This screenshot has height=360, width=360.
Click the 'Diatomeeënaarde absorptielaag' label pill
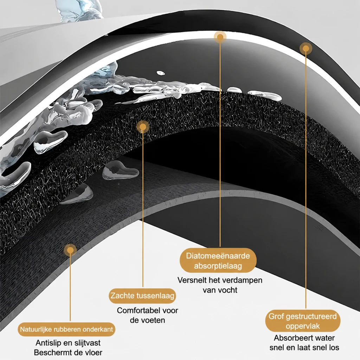[x=218, y=261]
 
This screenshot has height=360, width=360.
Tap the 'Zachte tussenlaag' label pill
[x=142, y=295]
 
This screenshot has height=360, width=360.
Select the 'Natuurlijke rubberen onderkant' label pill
[x=66, y=329]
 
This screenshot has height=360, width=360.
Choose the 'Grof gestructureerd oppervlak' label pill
[x=303, y=321]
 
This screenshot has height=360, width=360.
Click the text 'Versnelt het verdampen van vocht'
[x=220, y=285]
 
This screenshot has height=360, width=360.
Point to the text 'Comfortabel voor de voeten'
[x=147, y=315]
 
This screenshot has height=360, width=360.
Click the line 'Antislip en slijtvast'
[x=68, y=343]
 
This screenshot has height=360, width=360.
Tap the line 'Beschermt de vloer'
[x=68, y=352]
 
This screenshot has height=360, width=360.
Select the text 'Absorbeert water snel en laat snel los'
[x=304, y=342]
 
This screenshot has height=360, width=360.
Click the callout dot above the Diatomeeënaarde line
[x=220, y=37]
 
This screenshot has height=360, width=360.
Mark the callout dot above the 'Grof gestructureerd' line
[x=306, y=49]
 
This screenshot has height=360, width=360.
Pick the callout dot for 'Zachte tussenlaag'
[x=143, y=127]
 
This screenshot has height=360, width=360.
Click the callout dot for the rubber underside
[x=70, y=250]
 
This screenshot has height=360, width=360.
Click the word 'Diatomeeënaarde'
[x=218, y=256]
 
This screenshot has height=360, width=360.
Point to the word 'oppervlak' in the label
[x=303, y=326]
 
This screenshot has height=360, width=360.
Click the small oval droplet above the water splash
[x=161, y=73]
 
